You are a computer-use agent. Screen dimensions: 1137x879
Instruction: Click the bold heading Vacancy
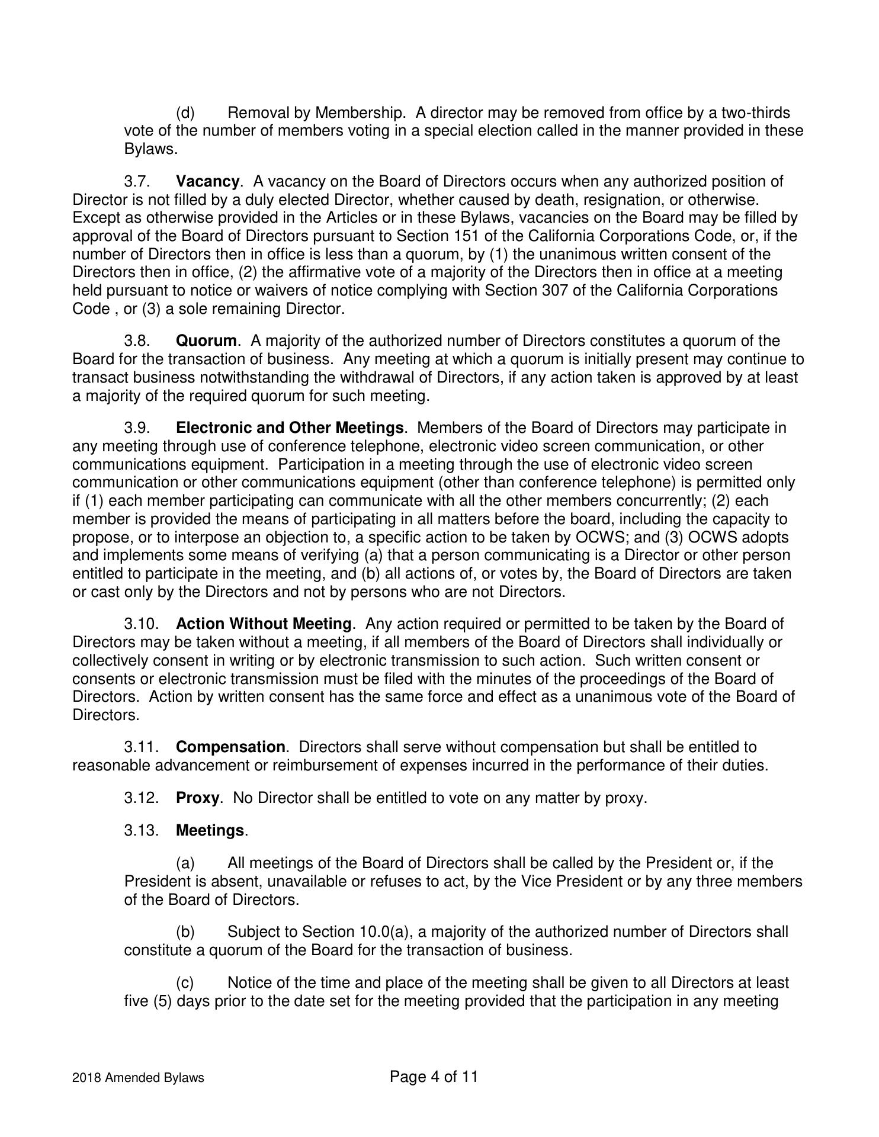pyautogui.click(x=207, y=181)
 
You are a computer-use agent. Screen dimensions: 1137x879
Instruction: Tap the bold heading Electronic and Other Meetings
pyautogui.click(x=290, y=428)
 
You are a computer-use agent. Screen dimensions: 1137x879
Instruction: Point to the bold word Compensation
pyautogui.click(x=230, y=747)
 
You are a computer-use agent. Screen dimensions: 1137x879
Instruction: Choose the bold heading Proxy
pyautogui.click(x=197, y=798)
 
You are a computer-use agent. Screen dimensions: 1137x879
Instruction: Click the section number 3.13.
pyautogui.click(x=142, y=831)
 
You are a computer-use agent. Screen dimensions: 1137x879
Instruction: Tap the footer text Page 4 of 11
pyautogui.click(x=434, y=1077)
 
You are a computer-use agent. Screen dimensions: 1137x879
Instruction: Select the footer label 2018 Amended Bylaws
pyautogui.click(x=138, y=1078)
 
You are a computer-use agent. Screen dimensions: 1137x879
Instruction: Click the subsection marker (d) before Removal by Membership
pyautogui.click(x=185, y=113)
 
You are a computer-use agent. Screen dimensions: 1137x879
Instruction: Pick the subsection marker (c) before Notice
pyautogui.click(x=185, y=983)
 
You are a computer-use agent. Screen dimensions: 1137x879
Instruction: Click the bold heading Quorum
pyautogui.click(x=206, y=341)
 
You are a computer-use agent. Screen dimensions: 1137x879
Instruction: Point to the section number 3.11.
pyautogui.click(x=142, y=747)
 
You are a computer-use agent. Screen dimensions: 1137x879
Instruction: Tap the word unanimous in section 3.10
pyautogui.click(x=609, y=697)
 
